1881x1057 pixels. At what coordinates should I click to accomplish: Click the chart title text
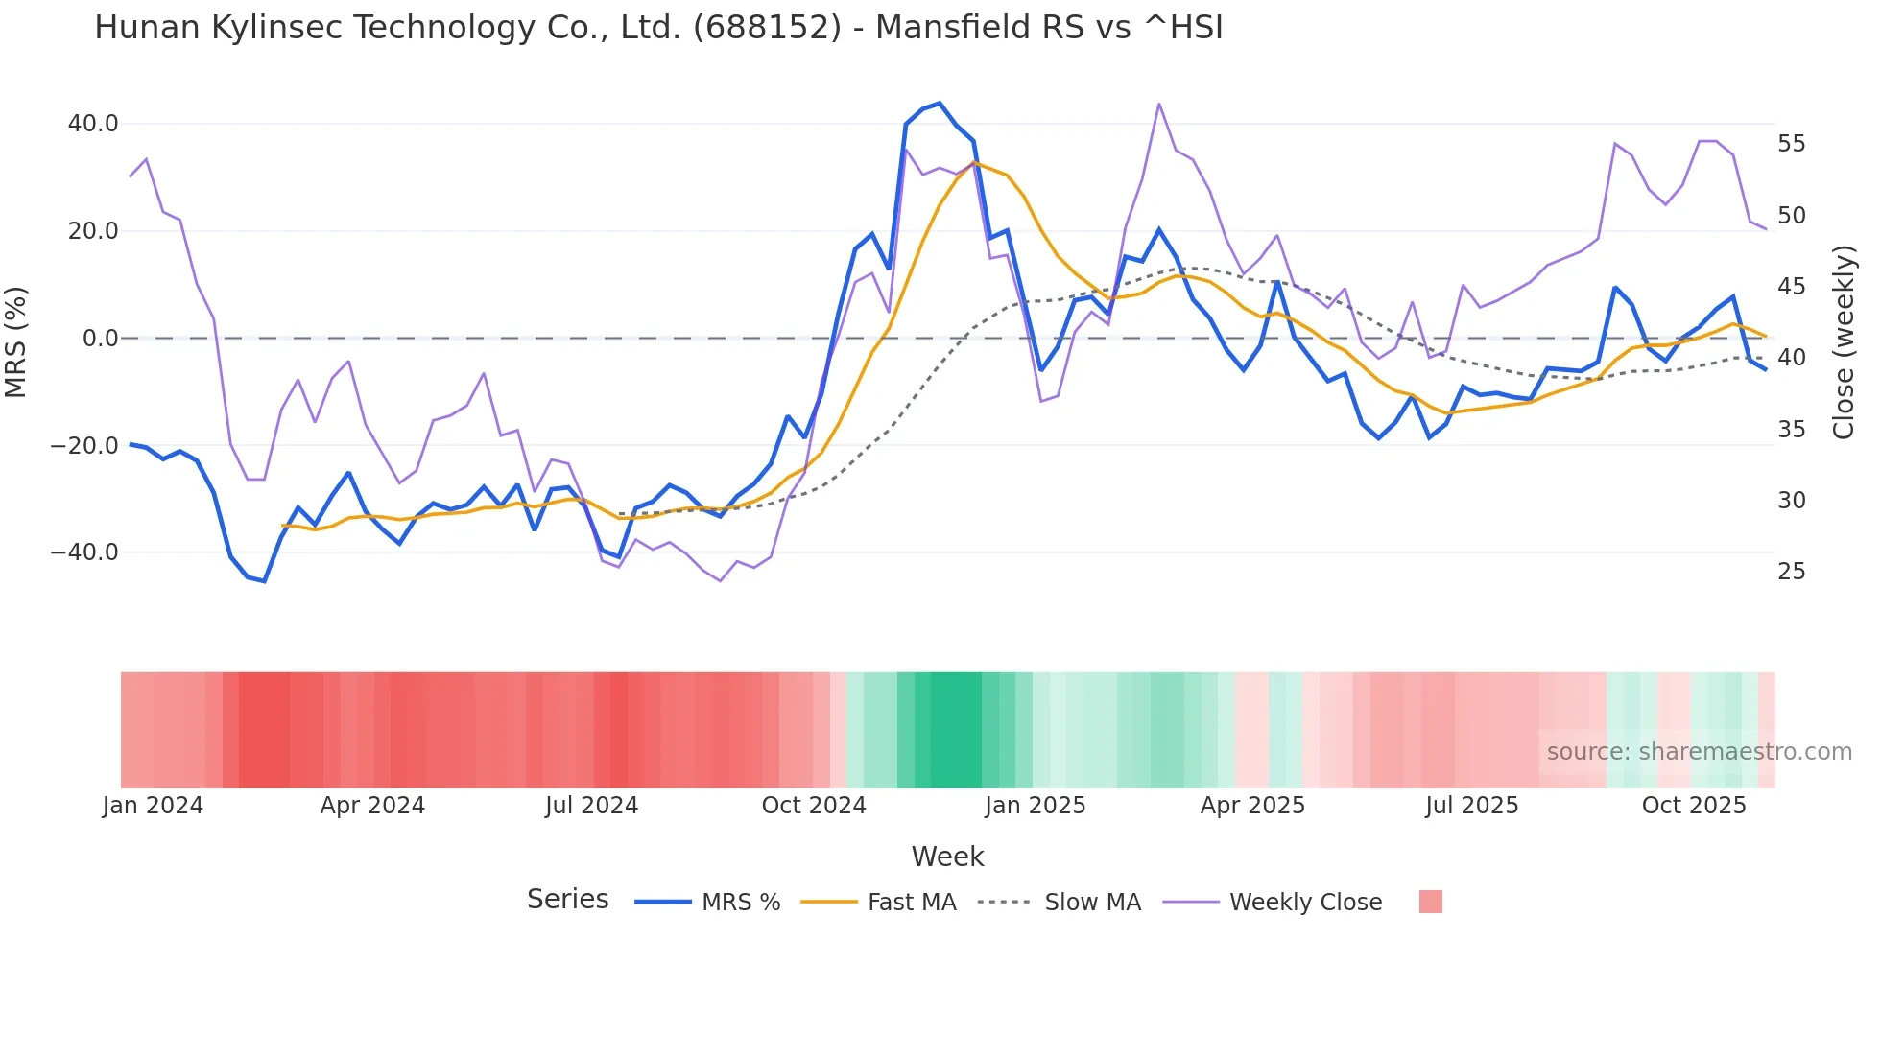point(658,28)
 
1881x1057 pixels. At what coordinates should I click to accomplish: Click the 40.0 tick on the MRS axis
point(93,124)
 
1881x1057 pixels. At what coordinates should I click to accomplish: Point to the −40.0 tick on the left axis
point(84,552)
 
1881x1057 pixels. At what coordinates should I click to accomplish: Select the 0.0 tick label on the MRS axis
point(100,338)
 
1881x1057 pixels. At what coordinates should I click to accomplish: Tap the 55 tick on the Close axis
point(1791,144)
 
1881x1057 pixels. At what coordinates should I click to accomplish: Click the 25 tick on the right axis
point(1791,572)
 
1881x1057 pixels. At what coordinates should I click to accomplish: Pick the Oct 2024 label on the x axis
point(814,806)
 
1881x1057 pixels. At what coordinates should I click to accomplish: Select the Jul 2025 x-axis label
point(1472,806)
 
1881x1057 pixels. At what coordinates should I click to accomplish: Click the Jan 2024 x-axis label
point(154,806)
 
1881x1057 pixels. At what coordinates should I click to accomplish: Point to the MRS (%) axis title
point(16,341)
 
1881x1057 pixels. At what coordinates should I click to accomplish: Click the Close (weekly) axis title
point(1843,341)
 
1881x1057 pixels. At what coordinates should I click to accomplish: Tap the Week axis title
point(947,857)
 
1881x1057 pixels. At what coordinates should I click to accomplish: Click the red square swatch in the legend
point(1430,902)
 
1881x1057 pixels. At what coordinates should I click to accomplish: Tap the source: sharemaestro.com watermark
point(1699,752)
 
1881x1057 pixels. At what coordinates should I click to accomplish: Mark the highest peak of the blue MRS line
point(940,103)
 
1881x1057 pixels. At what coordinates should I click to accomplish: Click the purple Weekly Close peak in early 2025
point(1159,104)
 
